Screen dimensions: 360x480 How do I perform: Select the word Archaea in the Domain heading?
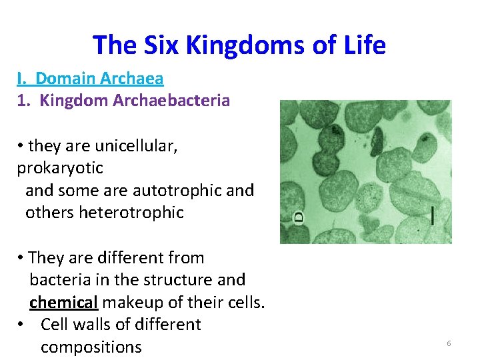132,79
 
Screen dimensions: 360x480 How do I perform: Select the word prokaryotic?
60,169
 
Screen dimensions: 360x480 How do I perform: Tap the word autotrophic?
177,191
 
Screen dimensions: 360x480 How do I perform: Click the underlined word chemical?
63,303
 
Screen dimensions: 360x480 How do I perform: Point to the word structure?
175,280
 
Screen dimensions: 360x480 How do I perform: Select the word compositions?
91,347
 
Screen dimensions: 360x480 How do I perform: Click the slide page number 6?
449,343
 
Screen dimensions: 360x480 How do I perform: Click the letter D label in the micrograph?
299,217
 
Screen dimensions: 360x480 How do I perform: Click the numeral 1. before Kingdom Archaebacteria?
23,101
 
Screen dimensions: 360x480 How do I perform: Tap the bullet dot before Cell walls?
23,325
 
